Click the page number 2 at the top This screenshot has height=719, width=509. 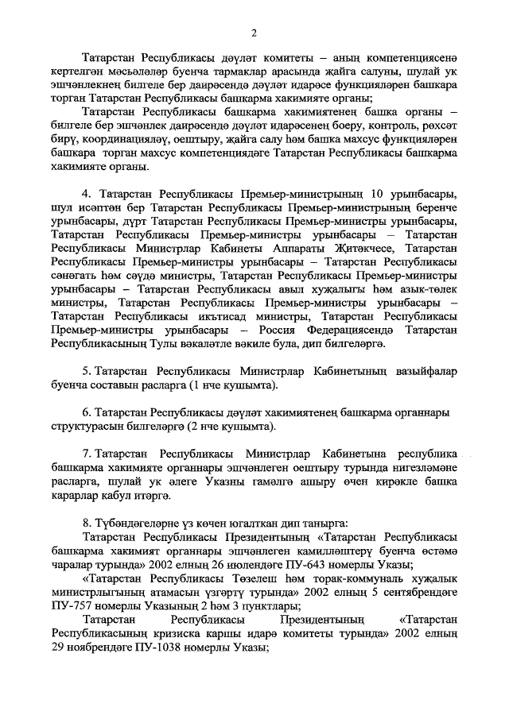coord(254,32)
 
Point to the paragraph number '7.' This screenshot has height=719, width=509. coord(87,454)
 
